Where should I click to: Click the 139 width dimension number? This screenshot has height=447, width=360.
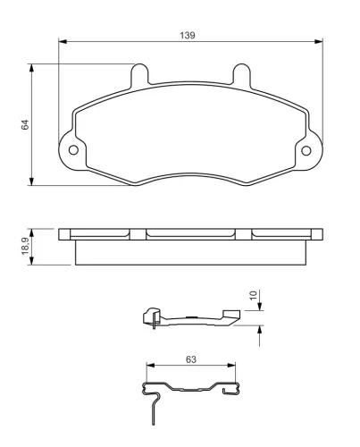click(x=188, y=35)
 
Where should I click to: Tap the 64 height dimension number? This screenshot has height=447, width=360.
click(x=25, y=124)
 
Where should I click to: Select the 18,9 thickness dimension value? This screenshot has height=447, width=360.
click(x=25, y=246)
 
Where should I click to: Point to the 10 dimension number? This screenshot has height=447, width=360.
click(x=253, y=295)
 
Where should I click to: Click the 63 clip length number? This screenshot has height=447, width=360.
click(x=191, y=359)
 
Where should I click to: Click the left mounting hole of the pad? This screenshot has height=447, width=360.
click(x=73, y=150)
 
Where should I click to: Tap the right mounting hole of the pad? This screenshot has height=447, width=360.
click(x=306, y=151)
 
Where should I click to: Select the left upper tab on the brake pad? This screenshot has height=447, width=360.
click(x=139, y=74)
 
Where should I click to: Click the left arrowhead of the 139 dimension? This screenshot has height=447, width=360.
click(x=63, y=41)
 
